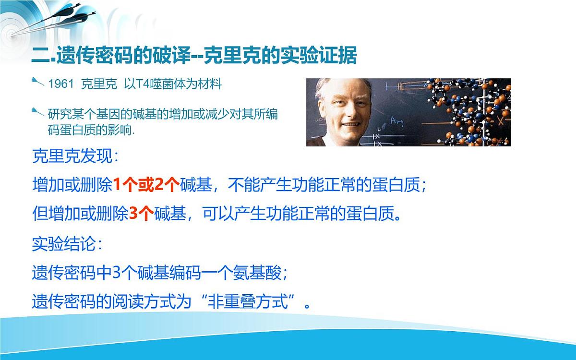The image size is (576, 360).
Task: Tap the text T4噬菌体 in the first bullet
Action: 151,84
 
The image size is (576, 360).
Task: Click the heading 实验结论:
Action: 67,244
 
